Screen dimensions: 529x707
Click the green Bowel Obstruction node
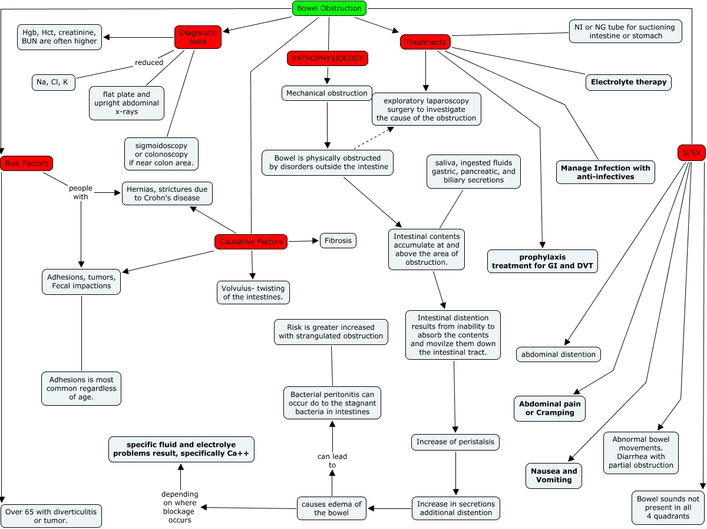click(x=329, y=8)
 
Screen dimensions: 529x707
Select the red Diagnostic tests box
click(x=198, y=37)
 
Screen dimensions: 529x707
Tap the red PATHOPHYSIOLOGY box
click(x=328, y=58)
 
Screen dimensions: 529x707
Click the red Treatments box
click(x=425, y=42)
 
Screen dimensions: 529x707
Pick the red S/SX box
click(x=691, y=153)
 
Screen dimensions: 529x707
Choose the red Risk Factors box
click(x=27, y=163)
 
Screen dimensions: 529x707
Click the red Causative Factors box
click(x=251, y=242)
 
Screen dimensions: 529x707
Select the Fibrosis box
click(x=338, y=241)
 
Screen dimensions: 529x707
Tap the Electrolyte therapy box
click(x=629, y=82)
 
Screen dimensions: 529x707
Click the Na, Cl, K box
click(x=54, y=83)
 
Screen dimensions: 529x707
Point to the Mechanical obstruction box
click(x=327, y=93)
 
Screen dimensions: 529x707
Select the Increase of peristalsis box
click(x=455, y=442)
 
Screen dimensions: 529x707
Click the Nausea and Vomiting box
click(x=554, y=475)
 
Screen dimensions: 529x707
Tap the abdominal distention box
click(x=559, y=354)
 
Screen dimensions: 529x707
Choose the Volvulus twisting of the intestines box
click(x=253, y=293)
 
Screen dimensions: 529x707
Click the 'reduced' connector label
click(x=149, y=63)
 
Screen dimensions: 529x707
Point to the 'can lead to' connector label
click(x=332, y=461)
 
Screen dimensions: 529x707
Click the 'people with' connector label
click(x=81, y=192)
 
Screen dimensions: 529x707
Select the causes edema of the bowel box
click(x=332, y=508)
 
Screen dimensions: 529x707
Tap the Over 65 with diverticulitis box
click(x=51, y=515)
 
